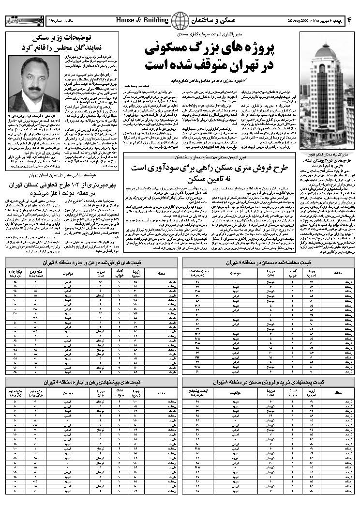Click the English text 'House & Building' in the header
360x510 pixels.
[x=142, y=20]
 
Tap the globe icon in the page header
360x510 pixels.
[x=180, y=21]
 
